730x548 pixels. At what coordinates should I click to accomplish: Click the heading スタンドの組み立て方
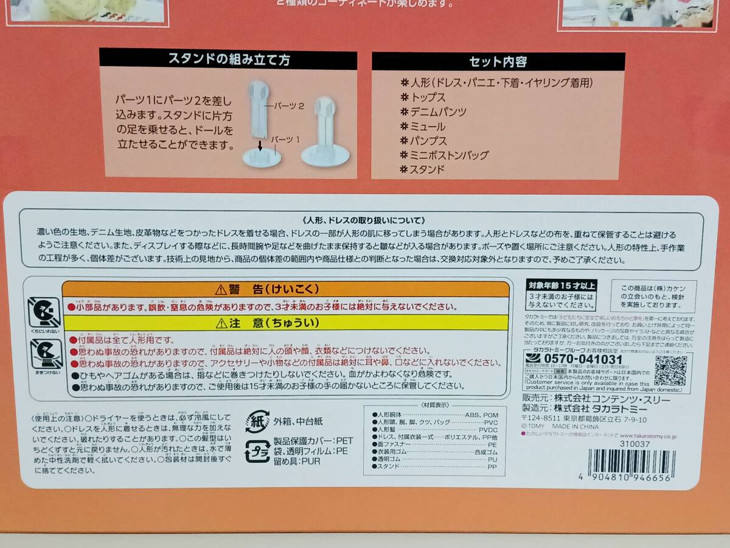(x=228, y=60)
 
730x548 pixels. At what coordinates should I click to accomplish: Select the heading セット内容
(x=498, y=61)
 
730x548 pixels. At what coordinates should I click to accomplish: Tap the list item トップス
(x=428, y=97)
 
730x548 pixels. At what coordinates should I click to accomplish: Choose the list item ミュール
(x=428, y=127)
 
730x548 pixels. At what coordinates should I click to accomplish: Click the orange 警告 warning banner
(x=286, y=289)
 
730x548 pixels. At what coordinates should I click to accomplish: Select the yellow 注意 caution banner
(x=286, y=324)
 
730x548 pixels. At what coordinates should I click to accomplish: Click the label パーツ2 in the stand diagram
(x=289, y=105)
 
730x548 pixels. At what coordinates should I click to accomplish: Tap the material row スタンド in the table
(x=389, y=467)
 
